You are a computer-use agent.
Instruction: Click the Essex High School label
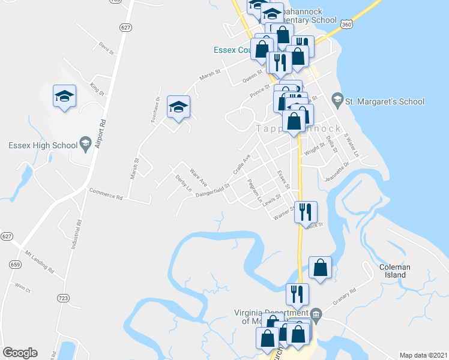[43, 145]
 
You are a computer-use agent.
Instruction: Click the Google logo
[20, 353]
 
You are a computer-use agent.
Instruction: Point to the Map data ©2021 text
[423, 355]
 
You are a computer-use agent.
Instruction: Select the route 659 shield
[14, 264]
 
